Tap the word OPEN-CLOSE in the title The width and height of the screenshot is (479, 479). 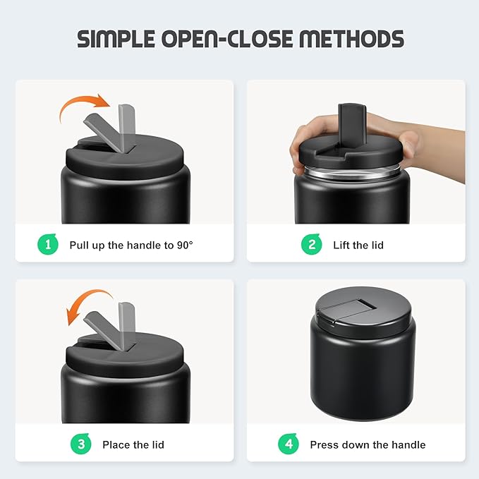click(x=227, y=39)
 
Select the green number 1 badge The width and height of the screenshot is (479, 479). click(x=48, y=244)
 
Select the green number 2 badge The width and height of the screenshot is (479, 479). click(x=311, y=244)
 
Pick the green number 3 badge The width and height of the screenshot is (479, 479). click(x=80, y=444)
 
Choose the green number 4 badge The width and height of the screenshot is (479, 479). click(x=289, y=444)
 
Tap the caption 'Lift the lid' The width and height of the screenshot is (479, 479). click(x=358, y=245)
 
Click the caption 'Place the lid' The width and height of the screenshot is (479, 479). click(x=133, y=444)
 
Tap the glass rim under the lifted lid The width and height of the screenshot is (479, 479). click(x=351, y=173)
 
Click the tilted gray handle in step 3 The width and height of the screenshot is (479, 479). click(x=105, y=331)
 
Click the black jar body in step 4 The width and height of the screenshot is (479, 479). click(x=363, y=376)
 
